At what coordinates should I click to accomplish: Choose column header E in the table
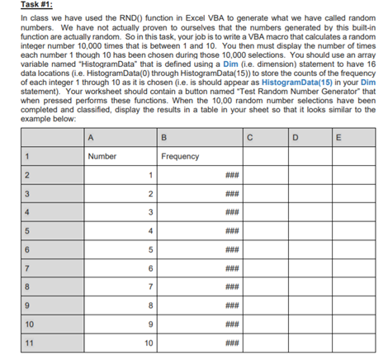(x=363, y=137)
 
